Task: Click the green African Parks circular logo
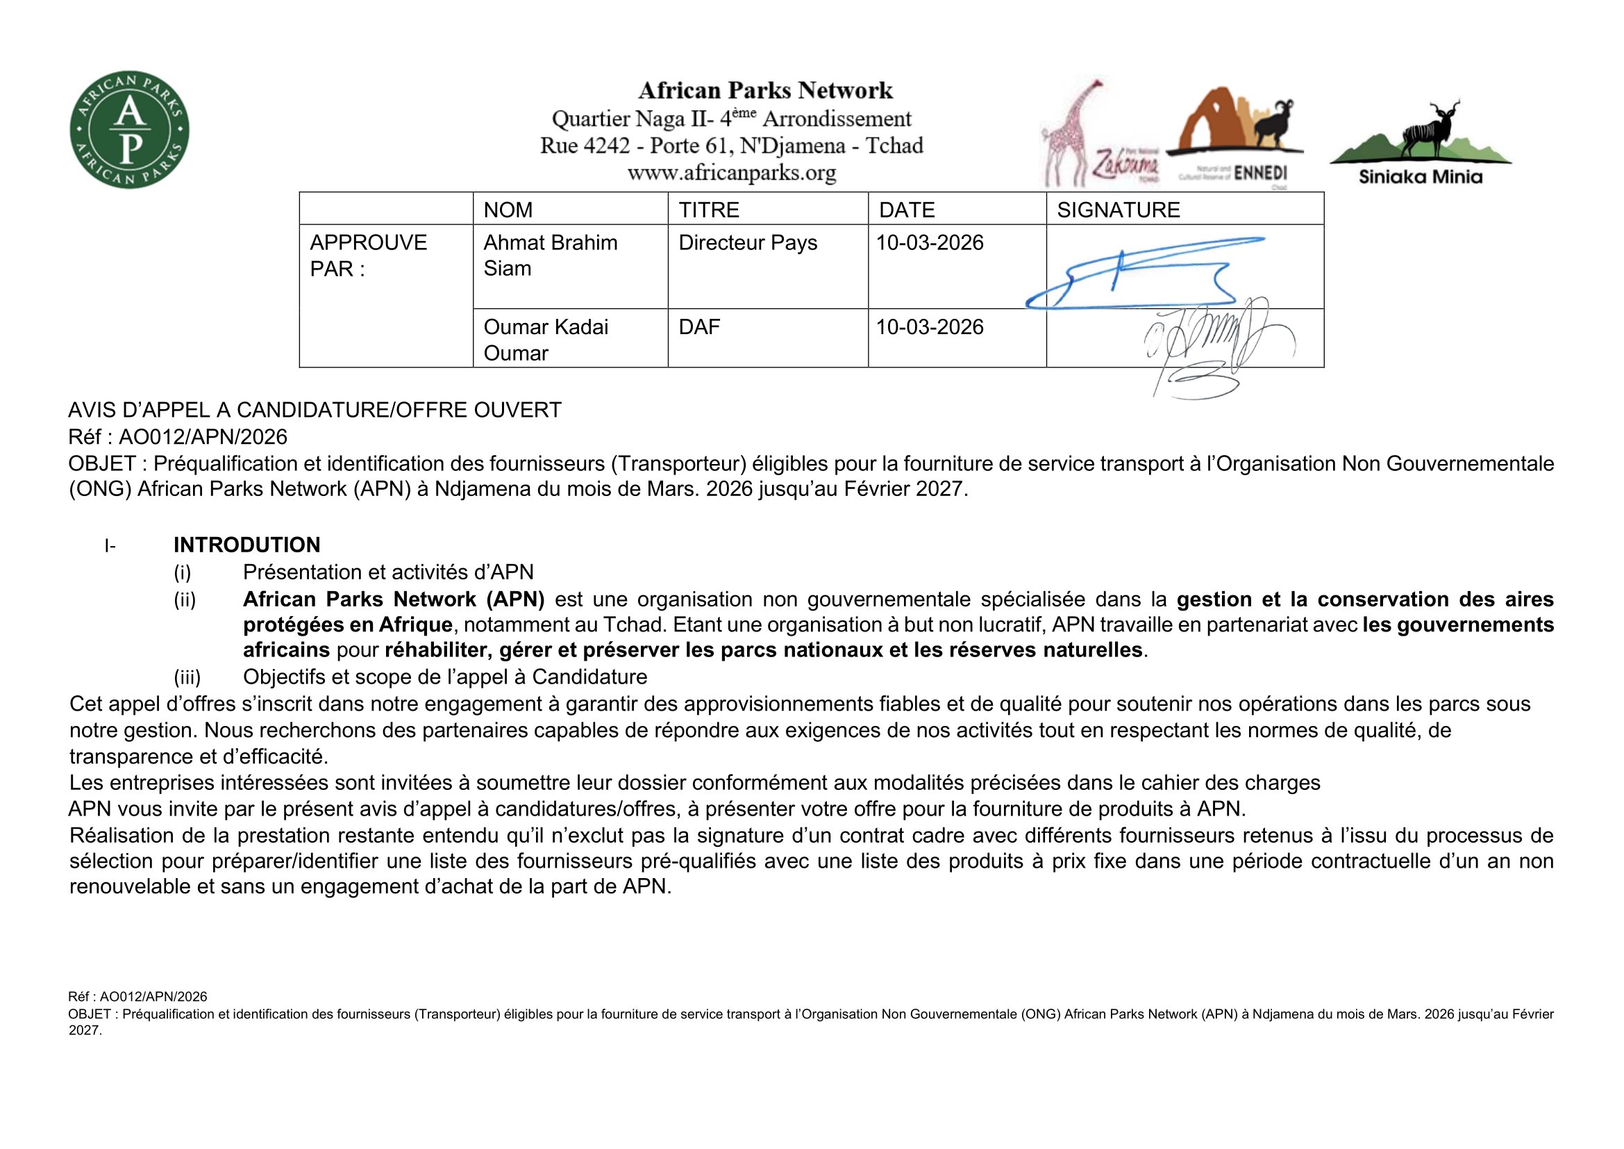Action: (129, 129)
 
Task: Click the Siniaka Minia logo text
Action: (1421, 177)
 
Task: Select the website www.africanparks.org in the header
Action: (731, 173)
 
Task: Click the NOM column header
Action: (508, 209)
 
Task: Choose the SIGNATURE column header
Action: (1119, 209)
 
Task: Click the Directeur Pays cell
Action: (748, 242)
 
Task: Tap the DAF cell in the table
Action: (699, 327)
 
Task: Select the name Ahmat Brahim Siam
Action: (550, 256)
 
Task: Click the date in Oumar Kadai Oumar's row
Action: (930, 327)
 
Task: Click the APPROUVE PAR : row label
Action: (368, 256)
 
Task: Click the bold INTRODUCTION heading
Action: (247, 545)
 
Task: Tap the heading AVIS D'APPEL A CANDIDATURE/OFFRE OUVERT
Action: (315, 410)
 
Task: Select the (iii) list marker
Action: (187, 677)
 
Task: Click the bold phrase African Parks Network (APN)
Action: (393, 600)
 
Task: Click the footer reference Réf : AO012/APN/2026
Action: (137, 997)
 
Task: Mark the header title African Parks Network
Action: (765, 90)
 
